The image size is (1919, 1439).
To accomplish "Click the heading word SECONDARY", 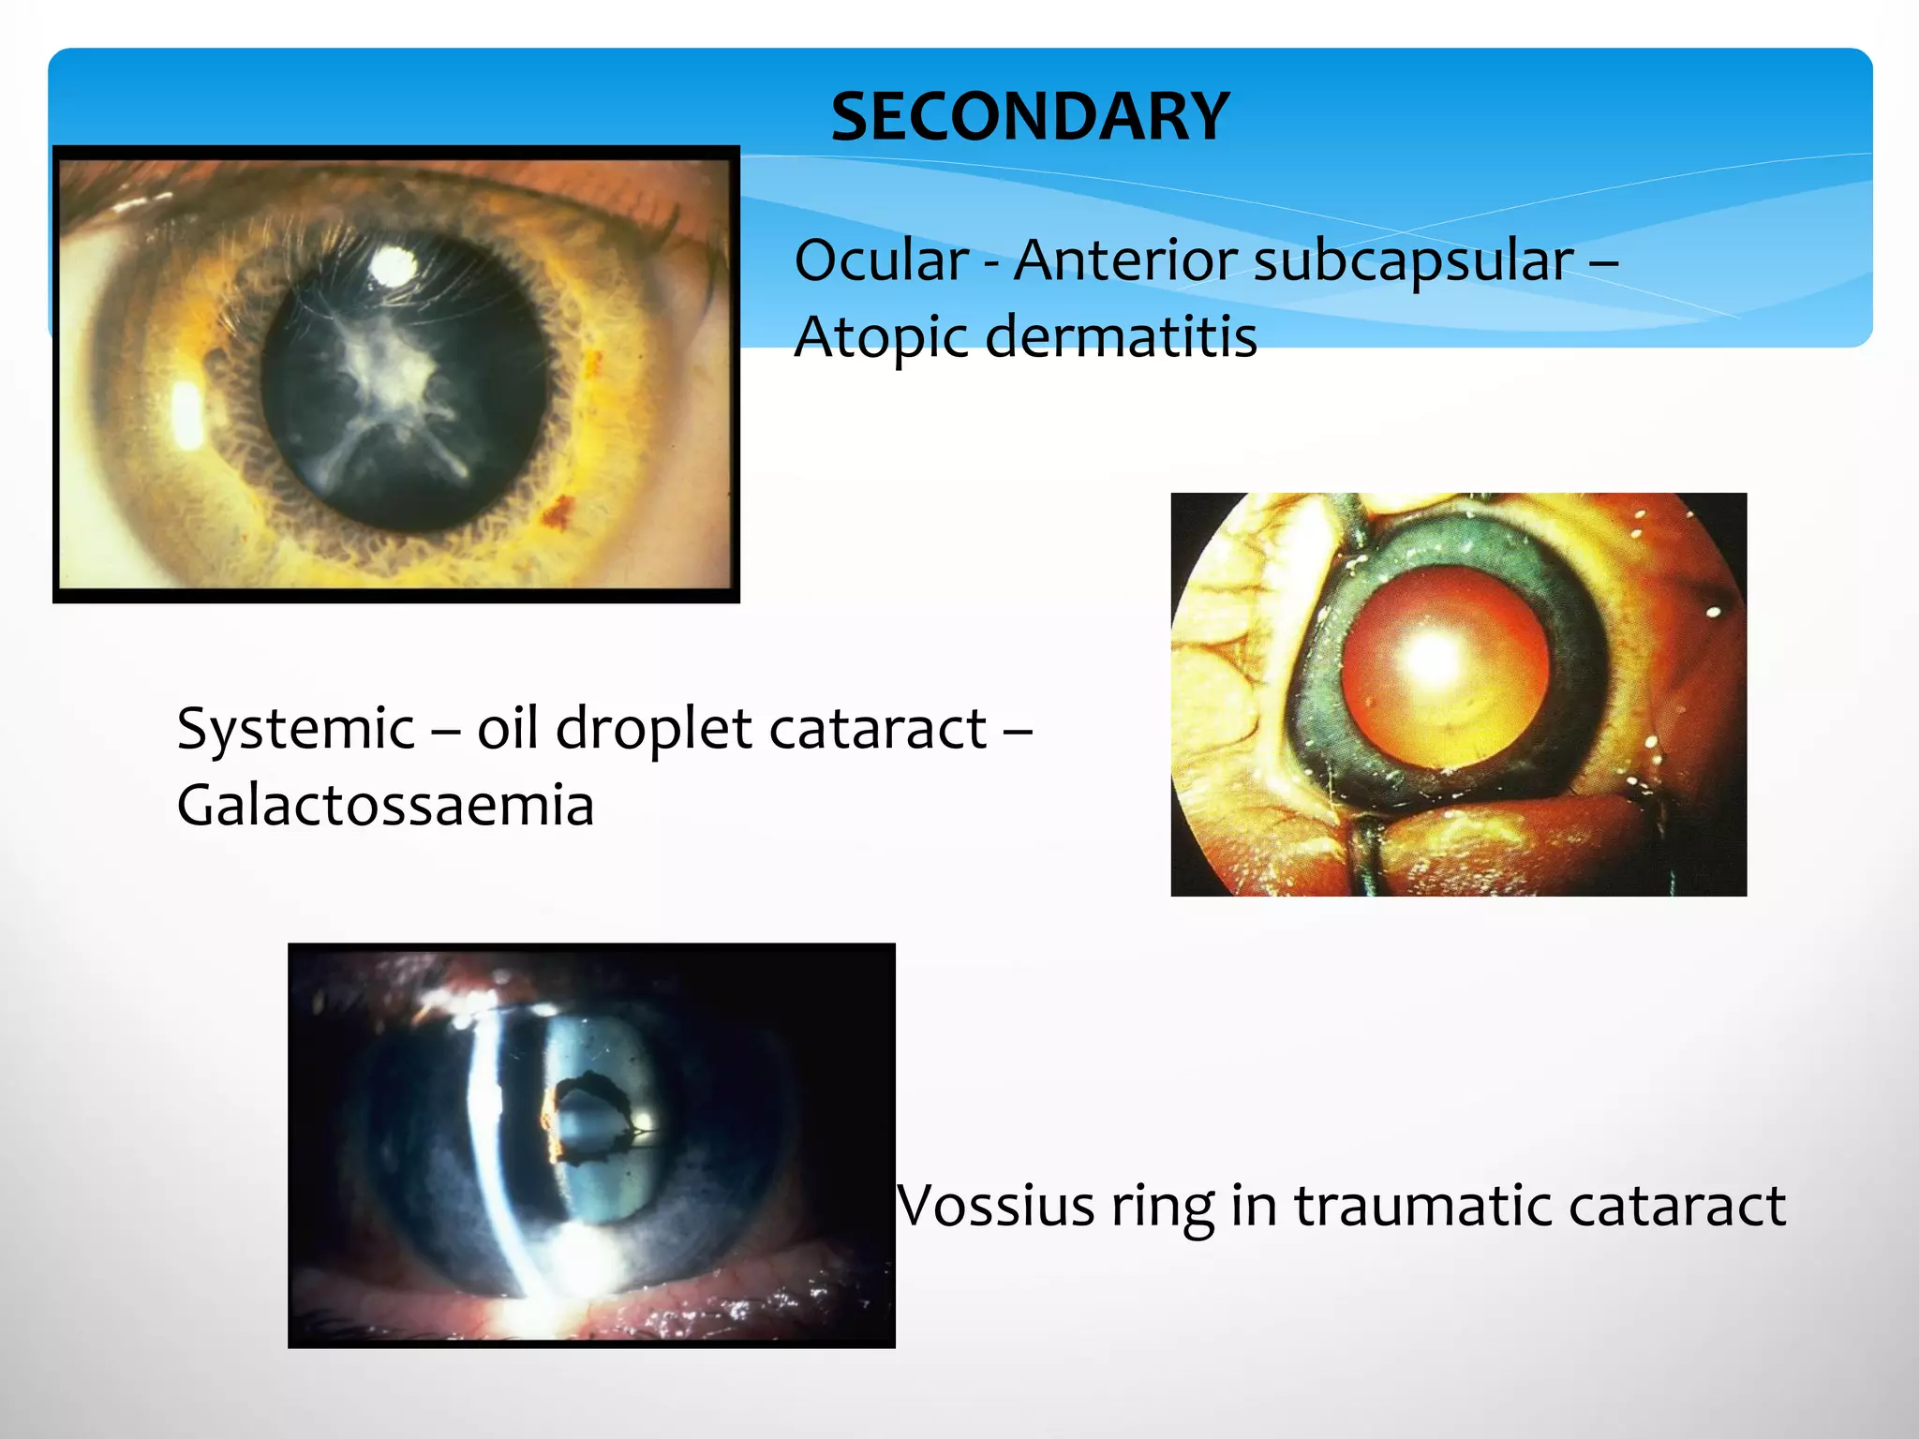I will coord(1029,117).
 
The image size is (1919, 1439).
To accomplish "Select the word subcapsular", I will coord(1413,262).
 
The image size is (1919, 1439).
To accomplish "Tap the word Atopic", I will coord(881,337).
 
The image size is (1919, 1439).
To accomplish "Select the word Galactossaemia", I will coord(385,806).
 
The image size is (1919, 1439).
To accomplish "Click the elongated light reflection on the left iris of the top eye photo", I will coord(186,413).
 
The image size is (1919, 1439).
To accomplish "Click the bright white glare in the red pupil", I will coord(1432,656).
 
